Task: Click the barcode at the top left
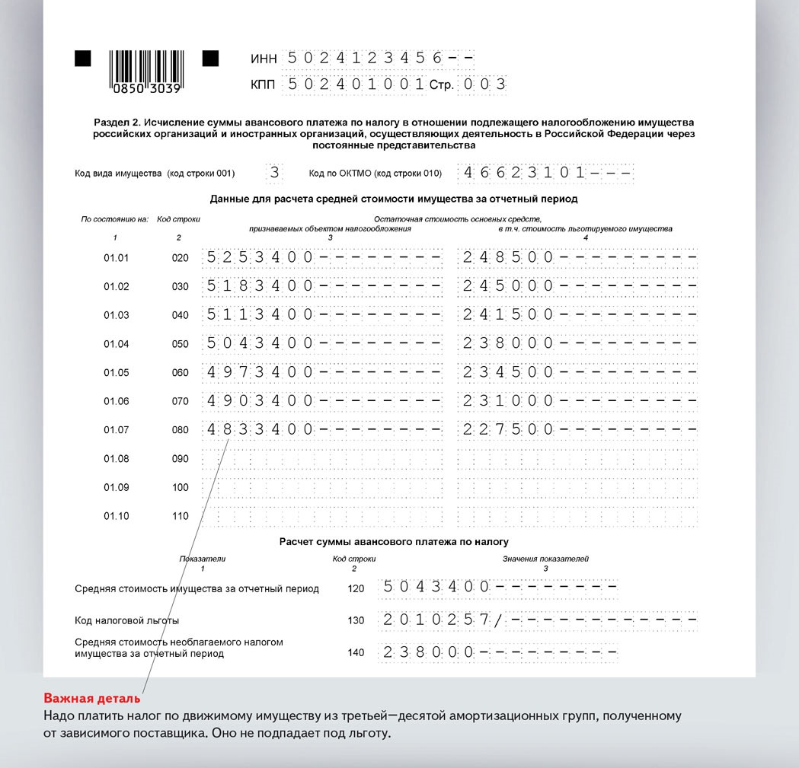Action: (x=145, y=71)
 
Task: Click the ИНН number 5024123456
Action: (x=362, y=59)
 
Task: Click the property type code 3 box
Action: (x=275, y=173)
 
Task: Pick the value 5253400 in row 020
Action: (x=259, y=257)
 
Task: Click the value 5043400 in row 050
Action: (x=259, y=343)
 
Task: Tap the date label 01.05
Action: (x=117, y=372)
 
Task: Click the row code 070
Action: (x=180, y=401)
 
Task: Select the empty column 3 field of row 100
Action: (x=324, y=487)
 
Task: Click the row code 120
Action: (x=356, y=588)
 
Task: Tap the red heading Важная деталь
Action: (x=92, y=699)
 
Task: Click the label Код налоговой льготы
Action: (x=127, y=620)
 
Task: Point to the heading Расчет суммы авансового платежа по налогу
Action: (x=393, y=541)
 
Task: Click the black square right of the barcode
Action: (x=210, y=59)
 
